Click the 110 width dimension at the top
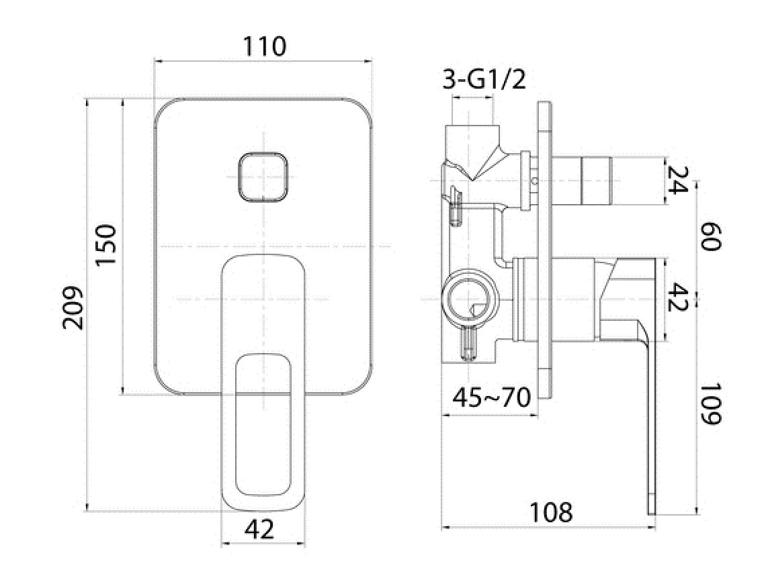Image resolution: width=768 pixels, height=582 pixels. click(x=265, y=47)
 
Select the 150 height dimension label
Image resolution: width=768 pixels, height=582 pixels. click(x=105, y=245)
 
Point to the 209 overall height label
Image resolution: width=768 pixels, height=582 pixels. click(x=73, y=308)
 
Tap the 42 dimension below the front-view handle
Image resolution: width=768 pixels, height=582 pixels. click(x=259, y=529)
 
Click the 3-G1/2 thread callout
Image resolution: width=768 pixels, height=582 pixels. click(x=484, y=79)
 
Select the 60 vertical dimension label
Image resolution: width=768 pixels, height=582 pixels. click(x=711, y=236)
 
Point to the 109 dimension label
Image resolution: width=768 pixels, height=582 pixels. click(x=711, y=404)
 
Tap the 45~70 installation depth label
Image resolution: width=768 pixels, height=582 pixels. click(x=491, y=398)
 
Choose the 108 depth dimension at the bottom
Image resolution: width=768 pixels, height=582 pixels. click(x=551, y=512)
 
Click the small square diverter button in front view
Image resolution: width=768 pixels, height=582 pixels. click(x=263, y=177)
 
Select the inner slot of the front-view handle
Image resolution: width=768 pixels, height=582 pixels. click(x=263, y=425)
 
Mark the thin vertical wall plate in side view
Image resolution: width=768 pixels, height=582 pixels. click(x=545, y=250)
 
